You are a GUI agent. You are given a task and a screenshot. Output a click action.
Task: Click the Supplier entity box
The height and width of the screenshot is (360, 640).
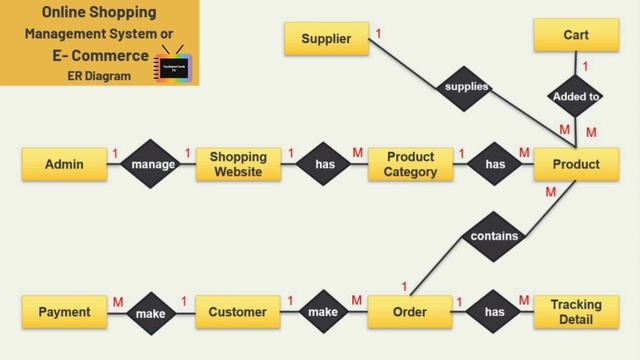326,39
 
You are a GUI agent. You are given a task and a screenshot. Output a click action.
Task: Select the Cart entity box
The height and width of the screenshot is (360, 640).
576,35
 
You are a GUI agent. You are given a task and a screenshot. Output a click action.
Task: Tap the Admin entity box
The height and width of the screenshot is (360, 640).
64,164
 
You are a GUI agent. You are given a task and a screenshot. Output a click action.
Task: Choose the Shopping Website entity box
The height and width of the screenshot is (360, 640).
238,164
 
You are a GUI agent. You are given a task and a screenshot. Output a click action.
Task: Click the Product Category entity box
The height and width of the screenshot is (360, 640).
410,164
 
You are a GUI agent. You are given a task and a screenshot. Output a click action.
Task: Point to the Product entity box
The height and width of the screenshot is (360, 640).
576,164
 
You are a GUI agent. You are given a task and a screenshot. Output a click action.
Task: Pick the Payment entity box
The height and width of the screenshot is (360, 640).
64,312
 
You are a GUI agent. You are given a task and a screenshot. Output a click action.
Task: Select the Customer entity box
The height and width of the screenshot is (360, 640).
238,312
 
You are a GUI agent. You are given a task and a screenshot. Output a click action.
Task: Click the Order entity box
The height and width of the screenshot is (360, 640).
410,312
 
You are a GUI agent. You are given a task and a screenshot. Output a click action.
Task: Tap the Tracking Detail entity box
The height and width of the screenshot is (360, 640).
576,312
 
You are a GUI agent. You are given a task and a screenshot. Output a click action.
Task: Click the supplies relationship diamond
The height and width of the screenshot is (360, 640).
466,87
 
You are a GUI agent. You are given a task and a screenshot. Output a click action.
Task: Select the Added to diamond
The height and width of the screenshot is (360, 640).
576,97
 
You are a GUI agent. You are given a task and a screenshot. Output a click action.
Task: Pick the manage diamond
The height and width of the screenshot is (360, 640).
153,164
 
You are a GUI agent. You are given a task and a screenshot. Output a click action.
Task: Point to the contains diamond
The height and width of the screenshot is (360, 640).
494,237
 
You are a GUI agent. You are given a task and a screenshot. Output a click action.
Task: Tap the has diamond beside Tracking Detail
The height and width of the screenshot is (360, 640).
494,312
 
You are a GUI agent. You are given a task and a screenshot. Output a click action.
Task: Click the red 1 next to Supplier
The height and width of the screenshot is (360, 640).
378,34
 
